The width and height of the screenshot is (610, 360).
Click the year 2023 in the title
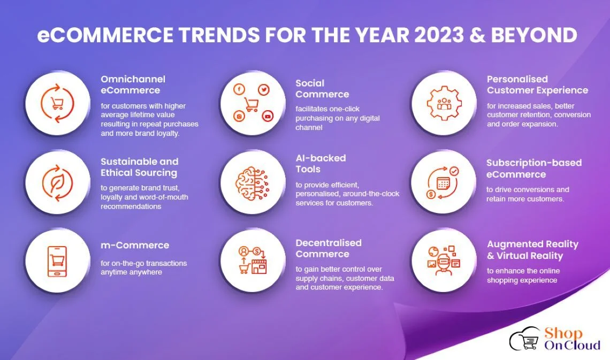click(x=439, y=35)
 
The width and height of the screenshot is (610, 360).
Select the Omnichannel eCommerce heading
click(x=133, y=85)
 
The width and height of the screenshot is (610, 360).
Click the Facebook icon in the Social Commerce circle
click(x=239, y=89)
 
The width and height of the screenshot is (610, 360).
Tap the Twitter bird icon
click(x=264, y=90)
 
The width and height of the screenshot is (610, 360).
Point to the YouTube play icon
click(x=268, y=116)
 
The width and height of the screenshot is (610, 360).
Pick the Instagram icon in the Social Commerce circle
click(x=239, y=116)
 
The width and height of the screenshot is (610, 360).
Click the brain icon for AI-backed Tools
click(x=252, y=183)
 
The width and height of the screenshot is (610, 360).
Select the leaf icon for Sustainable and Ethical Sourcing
click(x=58, y=183)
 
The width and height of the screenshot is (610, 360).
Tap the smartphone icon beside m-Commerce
click(x=57, y=261)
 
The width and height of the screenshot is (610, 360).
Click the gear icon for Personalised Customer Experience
click(x=444, y=103)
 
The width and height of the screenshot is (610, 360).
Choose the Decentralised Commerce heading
click(x=329, y=248)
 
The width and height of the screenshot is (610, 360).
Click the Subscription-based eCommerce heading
click(x=534, y=168)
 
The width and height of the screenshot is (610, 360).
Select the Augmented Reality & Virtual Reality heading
click(x=532, y=250)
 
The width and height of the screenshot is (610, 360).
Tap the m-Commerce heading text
click(x=135, y=246)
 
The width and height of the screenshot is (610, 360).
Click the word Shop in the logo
click(x=563, y=333)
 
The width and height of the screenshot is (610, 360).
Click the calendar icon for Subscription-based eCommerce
click(x=443, y=183)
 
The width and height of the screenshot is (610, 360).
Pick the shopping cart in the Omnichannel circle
click(x=57, y=103)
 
